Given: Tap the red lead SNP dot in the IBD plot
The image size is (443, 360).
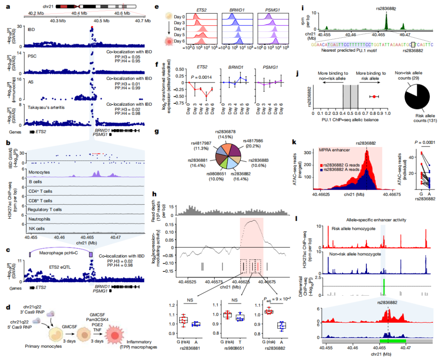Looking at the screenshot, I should click(92, 27).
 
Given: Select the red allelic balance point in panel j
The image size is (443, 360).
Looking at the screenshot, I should click(374, 96).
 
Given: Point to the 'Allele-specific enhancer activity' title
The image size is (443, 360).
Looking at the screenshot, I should click(377, 220).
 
